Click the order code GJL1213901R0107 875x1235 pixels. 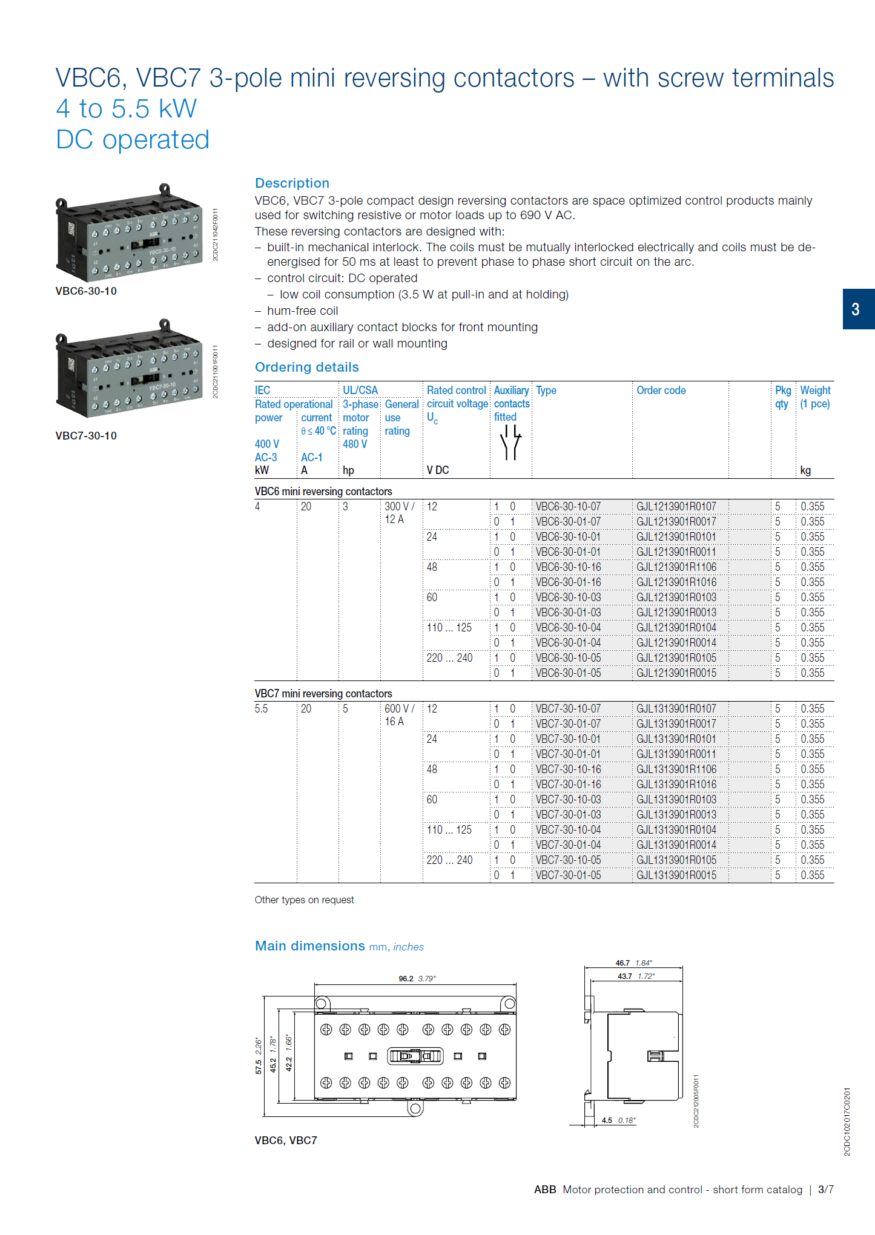pyautogui.click(x=676, y=507)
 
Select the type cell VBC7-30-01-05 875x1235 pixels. pyautogui.click(x=568, y=875)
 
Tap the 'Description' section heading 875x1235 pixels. pyautogui.click(x=292, y=183)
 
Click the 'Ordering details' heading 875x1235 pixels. pyautogui.click(x=306, y=367)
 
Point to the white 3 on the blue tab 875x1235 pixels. pyautogui.click(x=855, y=309)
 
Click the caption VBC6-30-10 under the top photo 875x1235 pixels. pyautogui.click(x=86, y=291)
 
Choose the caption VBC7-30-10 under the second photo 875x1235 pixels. pyautogui.click(x=86, y=436)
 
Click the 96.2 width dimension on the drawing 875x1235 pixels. pyautogui.click(x=406, y=979)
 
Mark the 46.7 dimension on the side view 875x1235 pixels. pyautogui.click(x=622, y=963)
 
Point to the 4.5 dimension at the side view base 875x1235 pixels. pyautogui.click(x=607, y=1121)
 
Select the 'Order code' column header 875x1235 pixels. pyautogui.click(x=661, y=390)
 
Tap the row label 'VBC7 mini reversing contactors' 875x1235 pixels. pyautogui.click(x=323, y=694)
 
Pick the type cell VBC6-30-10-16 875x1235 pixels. pyautogui.click(x=568, y=567)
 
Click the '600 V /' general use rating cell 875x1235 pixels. pyautogui.click(x=399, y=709)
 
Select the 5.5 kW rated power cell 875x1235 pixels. pyautogui.click(x=261, y=709)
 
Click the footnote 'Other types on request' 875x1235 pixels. pyautogui.click(x=304, y=900)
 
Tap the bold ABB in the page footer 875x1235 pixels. pyautogui.click(x=544, y=1190)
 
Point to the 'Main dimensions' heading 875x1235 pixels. pyautogui.click(x=309, y=946)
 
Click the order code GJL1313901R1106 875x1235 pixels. pyautogui.click(x=676, y=769)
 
